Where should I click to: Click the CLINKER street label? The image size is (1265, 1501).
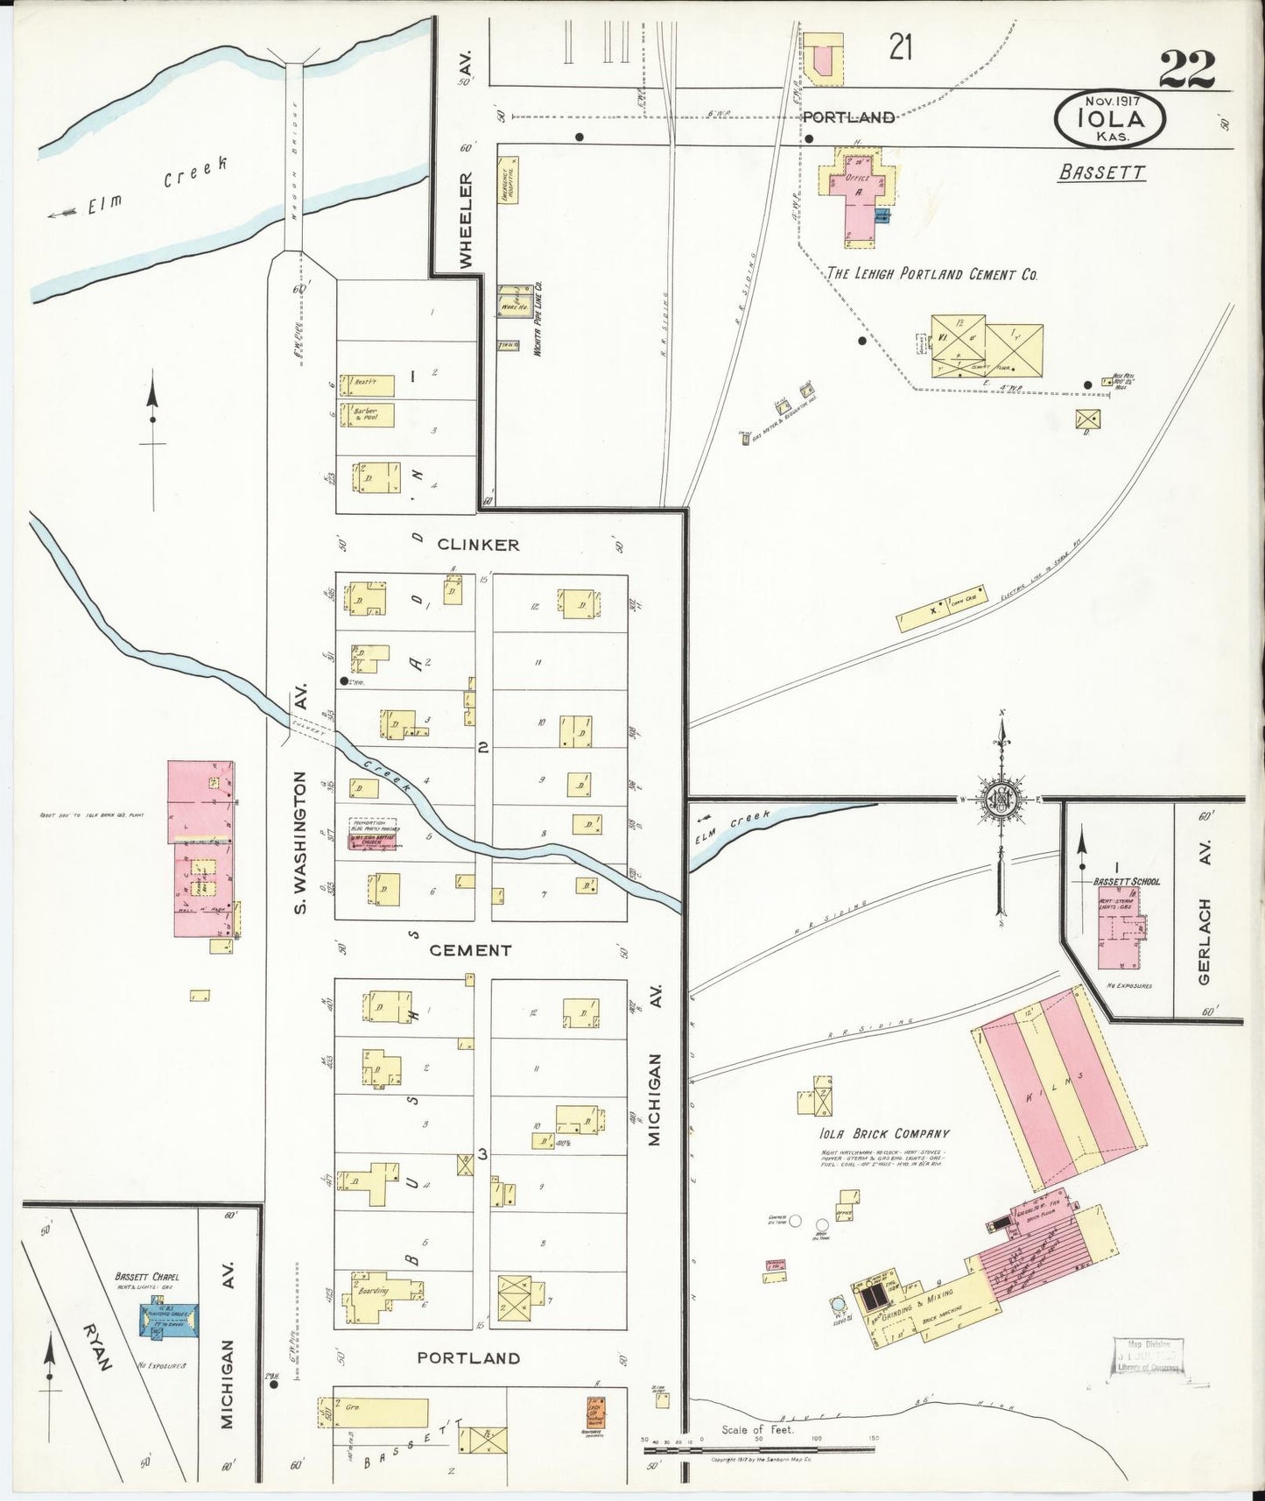pos(478,545)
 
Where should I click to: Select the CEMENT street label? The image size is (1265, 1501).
pos(471,950)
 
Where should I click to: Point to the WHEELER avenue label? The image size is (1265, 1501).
pos(467,220)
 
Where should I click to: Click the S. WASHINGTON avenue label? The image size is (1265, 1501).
pos(300,842)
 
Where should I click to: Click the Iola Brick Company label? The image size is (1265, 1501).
pos(885,1133)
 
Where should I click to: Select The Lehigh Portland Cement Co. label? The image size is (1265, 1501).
pos(932,274)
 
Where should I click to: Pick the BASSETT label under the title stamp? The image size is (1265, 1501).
pos(1101,172)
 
